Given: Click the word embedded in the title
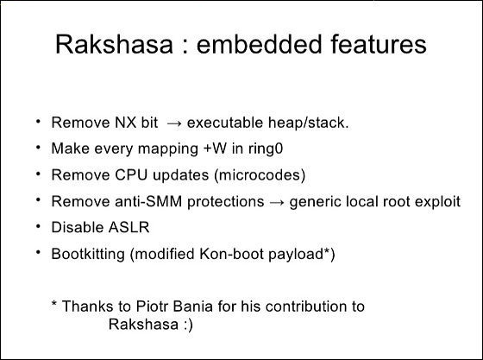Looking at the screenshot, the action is [x=260, y=44].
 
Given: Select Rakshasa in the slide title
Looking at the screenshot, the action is [x=114, y=44].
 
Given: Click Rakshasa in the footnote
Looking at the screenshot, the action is [x=143, y=324].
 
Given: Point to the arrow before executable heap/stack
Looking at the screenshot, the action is [x=174, y=124].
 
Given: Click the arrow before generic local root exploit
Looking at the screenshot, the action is [x=277, y=203].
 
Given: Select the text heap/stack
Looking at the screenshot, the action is [x=309, y=123].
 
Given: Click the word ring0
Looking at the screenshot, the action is [x=266, y=148].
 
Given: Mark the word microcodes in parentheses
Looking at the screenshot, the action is [x=260, y=175].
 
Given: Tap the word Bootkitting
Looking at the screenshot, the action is [x=88, y=255].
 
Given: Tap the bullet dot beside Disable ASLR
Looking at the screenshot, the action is [x=38, y=226].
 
